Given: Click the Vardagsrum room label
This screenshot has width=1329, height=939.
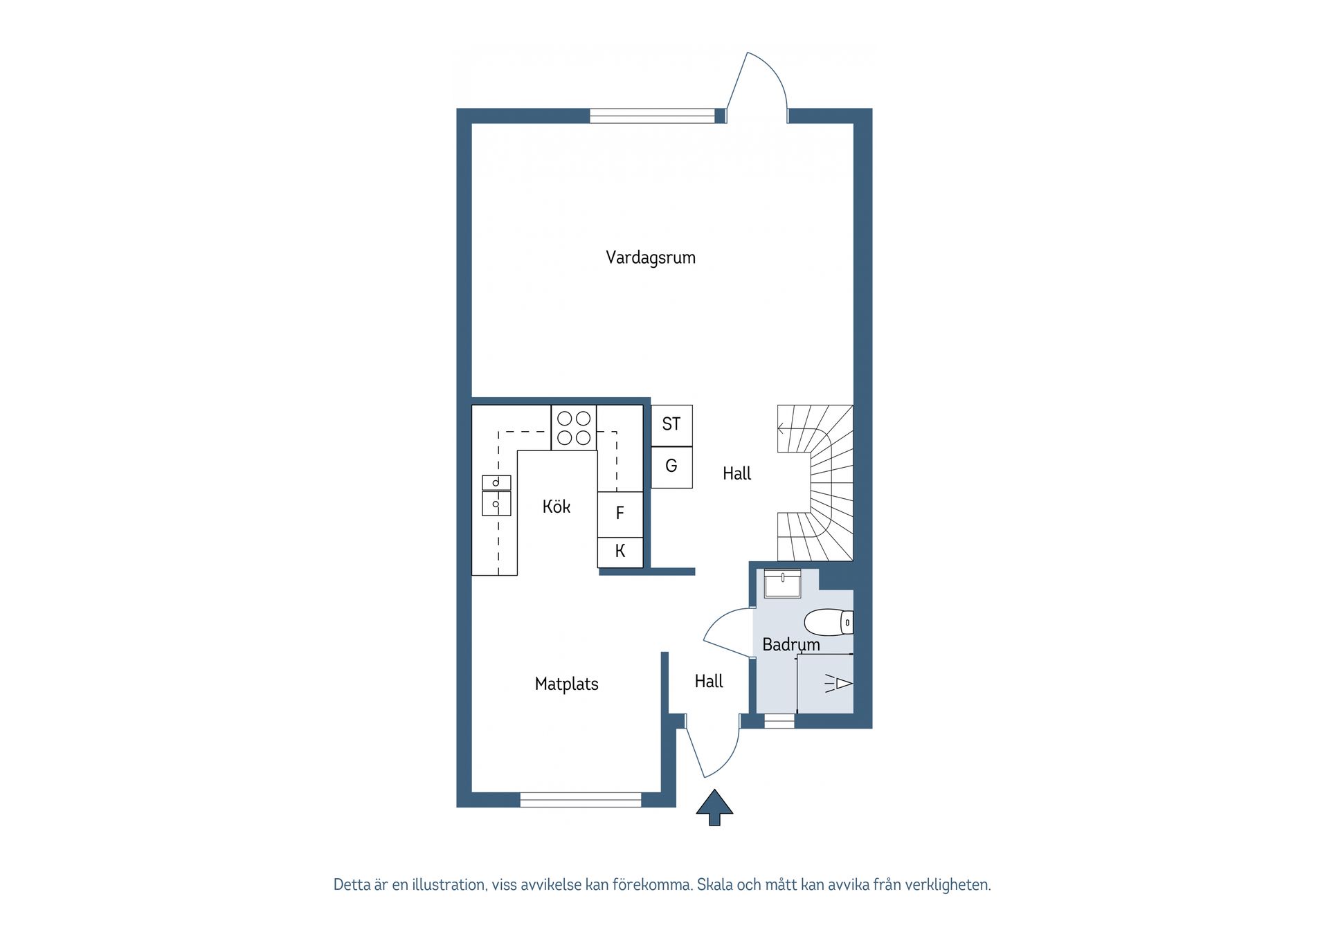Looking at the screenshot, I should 650,257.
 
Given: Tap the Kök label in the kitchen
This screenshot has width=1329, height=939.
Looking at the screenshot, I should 556,507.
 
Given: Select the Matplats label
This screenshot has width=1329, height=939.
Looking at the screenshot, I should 566,684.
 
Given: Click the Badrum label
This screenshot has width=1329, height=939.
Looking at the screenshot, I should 790,644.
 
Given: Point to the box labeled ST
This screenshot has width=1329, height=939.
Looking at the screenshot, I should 671,424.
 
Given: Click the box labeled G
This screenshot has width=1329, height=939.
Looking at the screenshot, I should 671,466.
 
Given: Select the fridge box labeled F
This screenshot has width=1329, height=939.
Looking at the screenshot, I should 620,513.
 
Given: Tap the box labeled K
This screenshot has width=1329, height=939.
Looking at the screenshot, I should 620,551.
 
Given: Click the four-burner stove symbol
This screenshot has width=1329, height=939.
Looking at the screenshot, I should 574,428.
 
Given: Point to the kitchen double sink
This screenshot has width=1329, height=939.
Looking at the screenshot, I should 496,495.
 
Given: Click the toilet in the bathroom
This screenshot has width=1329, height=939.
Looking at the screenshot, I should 828,622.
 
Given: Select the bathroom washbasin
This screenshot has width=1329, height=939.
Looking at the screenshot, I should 782,584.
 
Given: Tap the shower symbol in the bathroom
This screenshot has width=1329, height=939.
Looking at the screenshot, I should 838,684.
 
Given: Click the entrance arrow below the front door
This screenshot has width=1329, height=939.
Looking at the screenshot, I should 714,807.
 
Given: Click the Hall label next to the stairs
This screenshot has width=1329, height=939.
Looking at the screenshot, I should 736,473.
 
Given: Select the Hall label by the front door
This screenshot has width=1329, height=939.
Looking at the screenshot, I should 708,681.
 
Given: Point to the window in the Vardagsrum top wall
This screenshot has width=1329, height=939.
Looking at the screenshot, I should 651,116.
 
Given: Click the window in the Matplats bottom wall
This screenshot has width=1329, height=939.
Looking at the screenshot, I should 580,800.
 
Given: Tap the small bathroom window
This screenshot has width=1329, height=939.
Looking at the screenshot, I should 779,722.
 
